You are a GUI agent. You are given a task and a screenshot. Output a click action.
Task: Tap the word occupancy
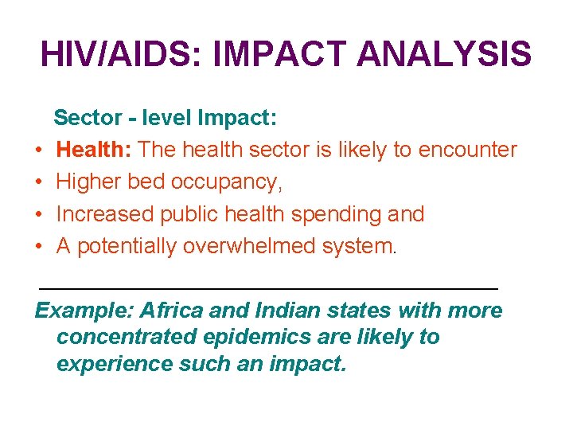pos(232,182)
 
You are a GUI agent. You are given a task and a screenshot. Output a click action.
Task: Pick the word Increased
pos(105,214)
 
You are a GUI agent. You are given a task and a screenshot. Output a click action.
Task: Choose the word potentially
pos(127,247)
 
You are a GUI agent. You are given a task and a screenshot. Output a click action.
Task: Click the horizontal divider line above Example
pos(268,287)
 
